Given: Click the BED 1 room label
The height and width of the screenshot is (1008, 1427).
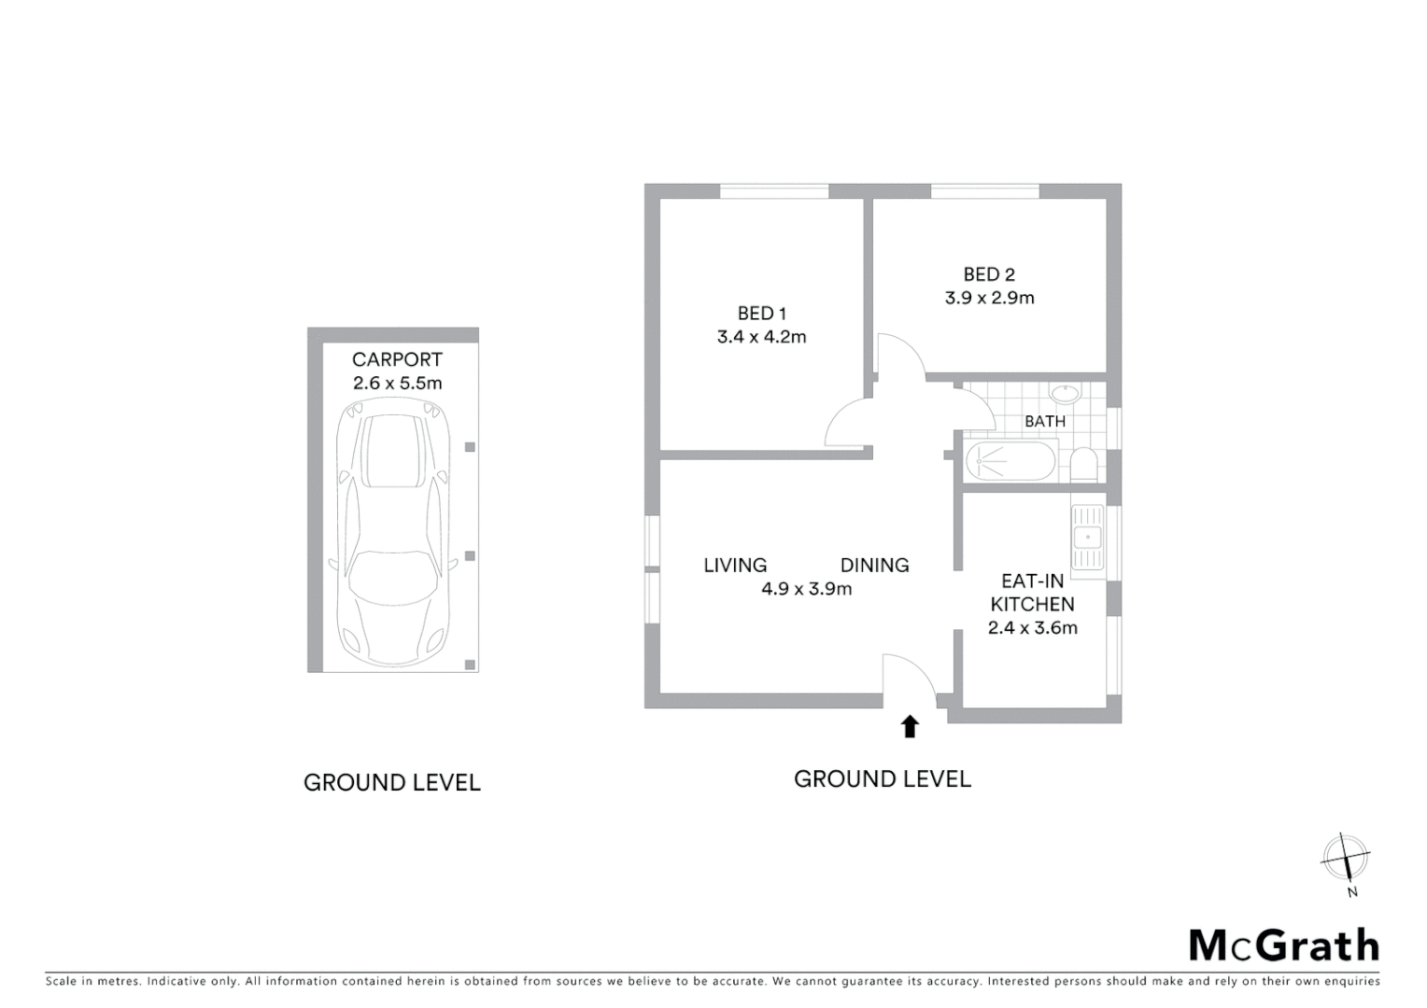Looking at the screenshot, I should click(x=761, y=314).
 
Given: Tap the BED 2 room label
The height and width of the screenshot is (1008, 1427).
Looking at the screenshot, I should click(x=989, y=274).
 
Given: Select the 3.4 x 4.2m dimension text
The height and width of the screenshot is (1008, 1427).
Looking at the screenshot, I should click(x=761, y=337).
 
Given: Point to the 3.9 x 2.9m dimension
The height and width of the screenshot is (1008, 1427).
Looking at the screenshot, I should click(x=989, y=299).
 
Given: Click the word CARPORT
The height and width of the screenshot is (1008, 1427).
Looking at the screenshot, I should click(x=397, y=359).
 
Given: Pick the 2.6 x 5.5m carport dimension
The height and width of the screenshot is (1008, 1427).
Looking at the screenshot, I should click(x=397, y=383).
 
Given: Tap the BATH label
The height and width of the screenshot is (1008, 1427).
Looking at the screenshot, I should click(x=1045, y=422).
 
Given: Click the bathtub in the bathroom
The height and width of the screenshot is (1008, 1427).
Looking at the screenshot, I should click(x=1010, y=461).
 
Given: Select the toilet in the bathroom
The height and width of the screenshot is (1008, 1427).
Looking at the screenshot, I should click(x=1083, y=464).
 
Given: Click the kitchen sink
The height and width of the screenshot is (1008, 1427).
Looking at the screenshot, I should click(x=1087, y=538).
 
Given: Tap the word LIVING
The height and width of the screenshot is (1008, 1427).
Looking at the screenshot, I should click(x=735, y=566).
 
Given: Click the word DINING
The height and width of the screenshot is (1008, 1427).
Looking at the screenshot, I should click(x=874, y=566).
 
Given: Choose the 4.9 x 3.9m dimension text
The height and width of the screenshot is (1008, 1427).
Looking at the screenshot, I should click(x=806, y=589).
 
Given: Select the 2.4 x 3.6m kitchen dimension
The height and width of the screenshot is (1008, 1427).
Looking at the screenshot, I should click(x=1032, y=628).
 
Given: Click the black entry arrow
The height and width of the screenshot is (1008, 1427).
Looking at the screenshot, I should click(x=910, y=726).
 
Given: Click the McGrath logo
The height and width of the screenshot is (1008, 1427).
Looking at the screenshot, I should click(x=1283, y=945).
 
